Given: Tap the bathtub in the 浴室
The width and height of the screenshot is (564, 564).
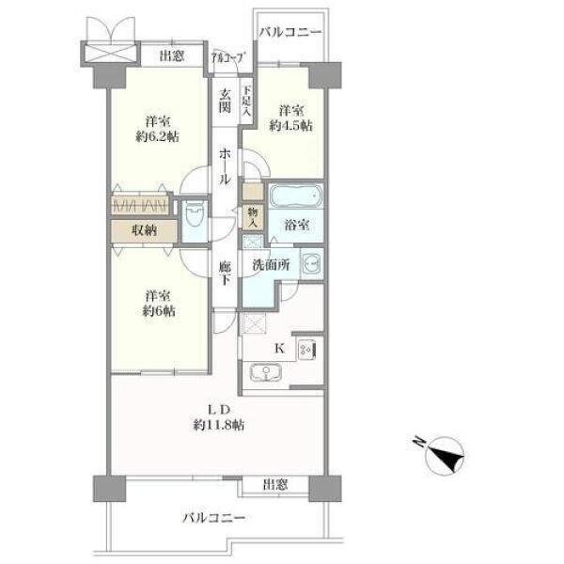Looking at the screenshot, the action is coord(296,196).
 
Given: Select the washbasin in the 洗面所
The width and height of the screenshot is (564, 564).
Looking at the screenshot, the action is coord(311,264).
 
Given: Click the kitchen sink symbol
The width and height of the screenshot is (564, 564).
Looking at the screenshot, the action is coord(265,372).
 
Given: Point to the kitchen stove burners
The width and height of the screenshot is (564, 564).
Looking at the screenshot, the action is coord(306,349).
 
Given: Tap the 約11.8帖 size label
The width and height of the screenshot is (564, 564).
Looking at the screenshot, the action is coord(218,426).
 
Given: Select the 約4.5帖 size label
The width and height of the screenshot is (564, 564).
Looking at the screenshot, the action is coord(291,126).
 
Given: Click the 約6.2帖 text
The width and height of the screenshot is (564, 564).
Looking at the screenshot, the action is coord(158,137).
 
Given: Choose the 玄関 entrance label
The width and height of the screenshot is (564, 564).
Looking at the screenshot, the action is coord(225,101).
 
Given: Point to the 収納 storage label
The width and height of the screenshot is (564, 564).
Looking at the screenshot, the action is coord(144,230).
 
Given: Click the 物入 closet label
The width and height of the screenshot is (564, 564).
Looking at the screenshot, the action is coord(253,218).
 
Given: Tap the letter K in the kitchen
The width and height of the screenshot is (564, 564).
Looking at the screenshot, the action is coord(280,348).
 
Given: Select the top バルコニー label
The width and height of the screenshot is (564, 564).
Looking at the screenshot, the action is coord(290,32).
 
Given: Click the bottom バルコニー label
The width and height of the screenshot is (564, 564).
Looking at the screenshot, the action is coord(214,518).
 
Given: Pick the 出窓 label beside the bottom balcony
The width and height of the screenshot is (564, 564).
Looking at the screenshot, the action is coord(275,485).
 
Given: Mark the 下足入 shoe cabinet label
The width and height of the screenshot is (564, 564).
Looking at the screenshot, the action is coord(246,102).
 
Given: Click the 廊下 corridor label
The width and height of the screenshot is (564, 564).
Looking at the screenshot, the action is coord(225,274).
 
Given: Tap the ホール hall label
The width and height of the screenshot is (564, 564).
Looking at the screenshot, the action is coord(225,166).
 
